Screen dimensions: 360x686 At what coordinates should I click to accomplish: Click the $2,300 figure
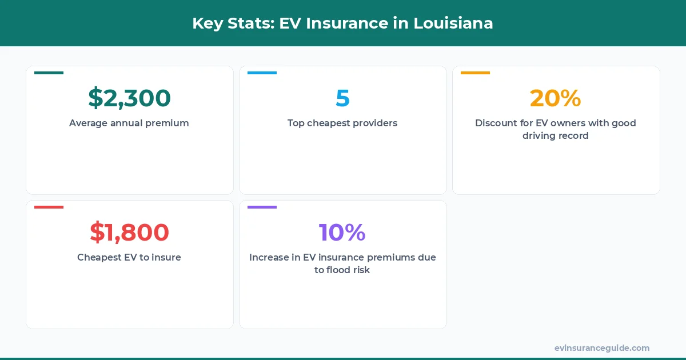(129, 98)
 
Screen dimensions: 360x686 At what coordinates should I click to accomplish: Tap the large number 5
(342, 98)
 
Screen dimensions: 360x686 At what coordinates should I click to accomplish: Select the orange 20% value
(555, 98)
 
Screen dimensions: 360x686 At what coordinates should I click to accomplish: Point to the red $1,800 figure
(129, 233)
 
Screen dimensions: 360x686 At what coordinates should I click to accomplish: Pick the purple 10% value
(342, 233)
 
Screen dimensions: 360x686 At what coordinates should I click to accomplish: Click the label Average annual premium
(129, 123)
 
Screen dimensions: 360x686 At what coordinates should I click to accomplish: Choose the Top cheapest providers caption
(342, 123)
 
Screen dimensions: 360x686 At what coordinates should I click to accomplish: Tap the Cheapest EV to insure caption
(129, 257)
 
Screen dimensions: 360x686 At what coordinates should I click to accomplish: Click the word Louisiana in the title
(453, 23)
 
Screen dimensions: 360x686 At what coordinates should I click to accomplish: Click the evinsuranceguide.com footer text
(602, 348)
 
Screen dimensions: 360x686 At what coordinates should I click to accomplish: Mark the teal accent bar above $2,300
(49, 73)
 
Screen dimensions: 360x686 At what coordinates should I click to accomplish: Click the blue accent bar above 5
(262, 73)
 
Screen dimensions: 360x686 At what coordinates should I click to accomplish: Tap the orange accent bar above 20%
(475, 73)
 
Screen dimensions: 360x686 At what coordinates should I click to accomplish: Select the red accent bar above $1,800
(49, 207)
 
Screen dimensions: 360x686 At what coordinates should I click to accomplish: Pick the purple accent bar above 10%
(262, 207)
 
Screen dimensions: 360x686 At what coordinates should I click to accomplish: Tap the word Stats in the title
(249, 23)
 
